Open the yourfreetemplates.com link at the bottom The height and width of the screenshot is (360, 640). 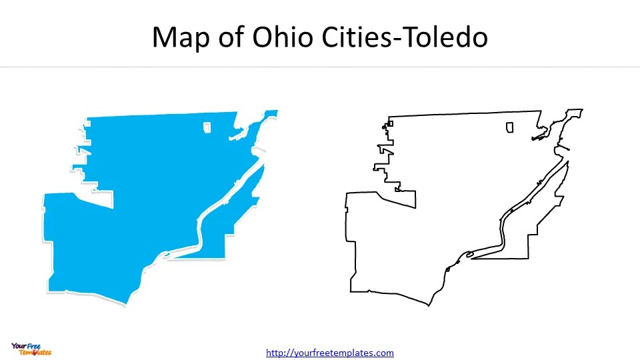pos(330,353)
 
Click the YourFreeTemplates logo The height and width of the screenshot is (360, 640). pos(31,349)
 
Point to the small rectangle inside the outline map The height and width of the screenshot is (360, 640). pos(510,127)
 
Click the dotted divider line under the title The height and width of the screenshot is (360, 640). pos(320,67)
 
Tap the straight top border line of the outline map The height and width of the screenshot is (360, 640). pos(467,114)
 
